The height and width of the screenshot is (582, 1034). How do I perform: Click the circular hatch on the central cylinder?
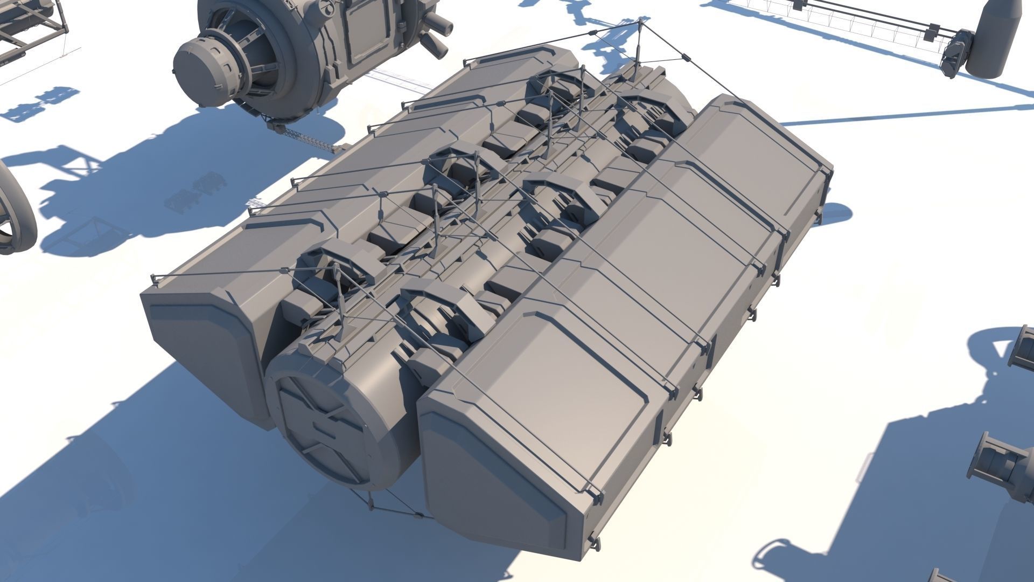323,426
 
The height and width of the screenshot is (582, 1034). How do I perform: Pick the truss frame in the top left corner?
32,27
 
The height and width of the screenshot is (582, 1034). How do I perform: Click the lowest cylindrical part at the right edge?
996,463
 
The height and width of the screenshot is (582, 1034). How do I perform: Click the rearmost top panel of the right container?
765,145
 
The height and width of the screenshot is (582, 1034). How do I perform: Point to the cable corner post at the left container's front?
155,280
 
